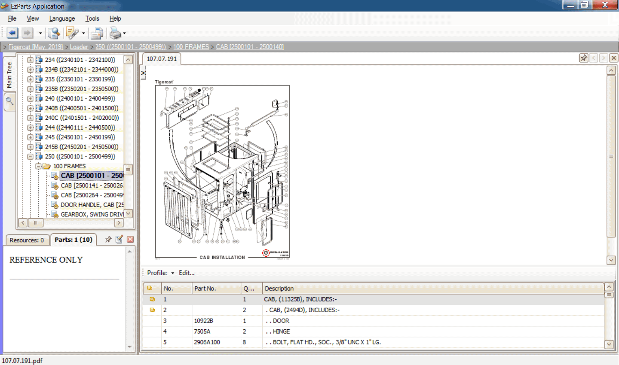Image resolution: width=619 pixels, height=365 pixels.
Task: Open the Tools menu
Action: point(92,18)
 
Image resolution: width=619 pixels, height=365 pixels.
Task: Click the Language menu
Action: point(62,18)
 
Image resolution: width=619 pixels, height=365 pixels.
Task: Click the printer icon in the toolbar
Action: point(115,33)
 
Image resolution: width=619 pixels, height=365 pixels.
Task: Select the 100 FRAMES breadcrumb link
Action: point(191,47)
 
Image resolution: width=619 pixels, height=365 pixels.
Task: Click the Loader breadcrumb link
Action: point(79,47)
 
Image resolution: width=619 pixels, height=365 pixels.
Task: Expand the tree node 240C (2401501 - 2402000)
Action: point(30,118)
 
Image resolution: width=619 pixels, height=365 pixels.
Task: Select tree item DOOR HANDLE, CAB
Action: point(92,205)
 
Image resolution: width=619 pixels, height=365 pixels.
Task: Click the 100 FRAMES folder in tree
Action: point(69,166)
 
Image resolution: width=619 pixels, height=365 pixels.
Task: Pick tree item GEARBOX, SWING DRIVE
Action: point(92,214)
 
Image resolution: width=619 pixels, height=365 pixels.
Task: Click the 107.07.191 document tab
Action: point(162,59)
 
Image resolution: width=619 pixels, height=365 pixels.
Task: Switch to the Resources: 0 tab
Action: point(27,240)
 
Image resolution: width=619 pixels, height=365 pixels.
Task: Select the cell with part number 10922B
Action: point(203,321)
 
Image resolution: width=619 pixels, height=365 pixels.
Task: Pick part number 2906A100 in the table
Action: point(207,342)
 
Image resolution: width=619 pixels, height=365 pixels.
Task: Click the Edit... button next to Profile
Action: point(187,273)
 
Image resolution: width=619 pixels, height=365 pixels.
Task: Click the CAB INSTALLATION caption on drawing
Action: point(222,257)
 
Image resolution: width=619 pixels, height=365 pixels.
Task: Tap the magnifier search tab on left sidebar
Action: point(9,101)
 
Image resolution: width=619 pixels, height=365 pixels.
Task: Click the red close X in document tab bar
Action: point(614,58)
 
